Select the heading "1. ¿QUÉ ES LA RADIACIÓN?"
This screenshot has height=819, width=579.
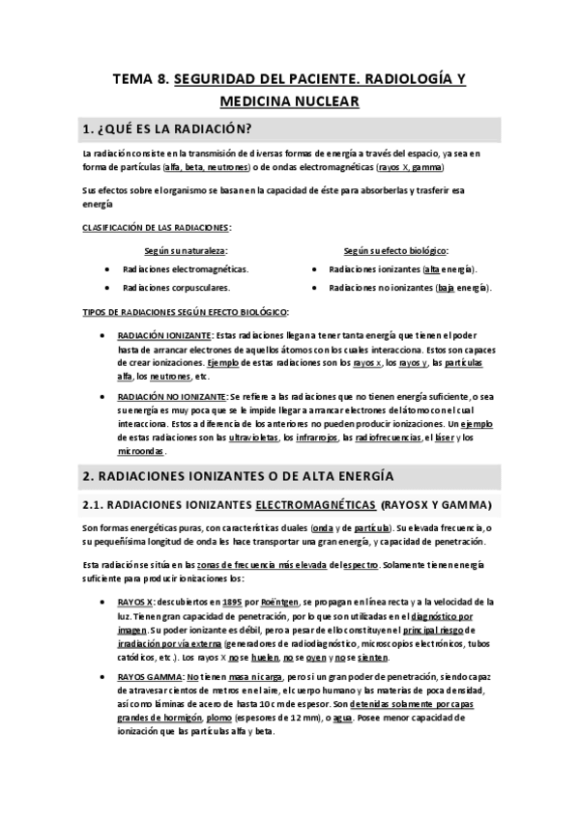point(169,129)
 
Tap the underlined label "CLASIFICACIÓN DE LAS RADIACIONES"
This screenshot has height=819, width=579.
point(155,227)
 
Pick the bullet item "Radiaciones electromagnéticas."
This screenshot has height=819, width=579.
point(185,268)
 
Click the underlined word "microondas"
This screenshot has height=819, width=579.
point(140,451)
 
